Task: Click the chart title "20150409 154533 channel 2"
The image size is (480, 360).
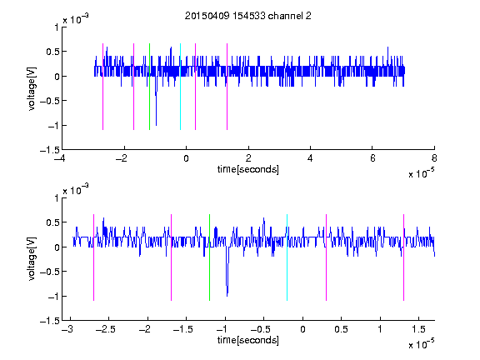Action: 248,16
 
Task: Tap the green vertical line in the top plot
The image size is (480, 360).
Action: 149,87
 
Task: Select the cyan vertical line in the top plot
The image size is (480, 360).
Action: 180,87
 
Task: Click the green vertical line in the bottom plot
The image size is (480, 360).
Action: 210,257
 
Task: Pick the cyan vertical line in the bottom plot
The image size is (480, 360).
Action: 287,257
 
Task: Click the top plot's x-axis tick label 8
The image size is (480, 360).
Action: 434,158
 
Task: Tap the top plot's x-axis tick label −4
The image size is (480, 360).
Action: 60,158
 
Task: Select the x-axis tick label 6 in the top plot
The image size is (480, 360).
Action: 372,158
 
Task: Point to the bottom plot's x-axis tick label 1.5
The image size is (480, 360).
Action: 418,329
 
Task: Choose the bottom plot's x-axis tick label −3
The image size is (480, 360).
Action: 67,329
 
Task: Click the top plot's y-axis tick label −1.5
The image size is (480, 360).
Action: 50,150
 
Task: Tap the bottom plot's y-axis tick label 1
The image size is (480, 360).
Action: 57,198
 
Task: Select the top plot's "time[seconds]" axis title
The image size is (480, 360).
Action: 248,169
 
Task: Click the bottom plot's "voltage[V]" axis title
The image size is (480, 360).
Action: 32,258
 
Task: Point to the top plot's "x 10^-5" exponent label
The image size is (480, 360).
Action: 421,173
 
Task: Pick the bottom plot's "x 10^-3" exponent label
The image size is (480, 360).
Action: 76,190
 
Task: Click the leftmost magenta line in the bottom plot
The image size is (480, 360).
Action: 93,257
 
